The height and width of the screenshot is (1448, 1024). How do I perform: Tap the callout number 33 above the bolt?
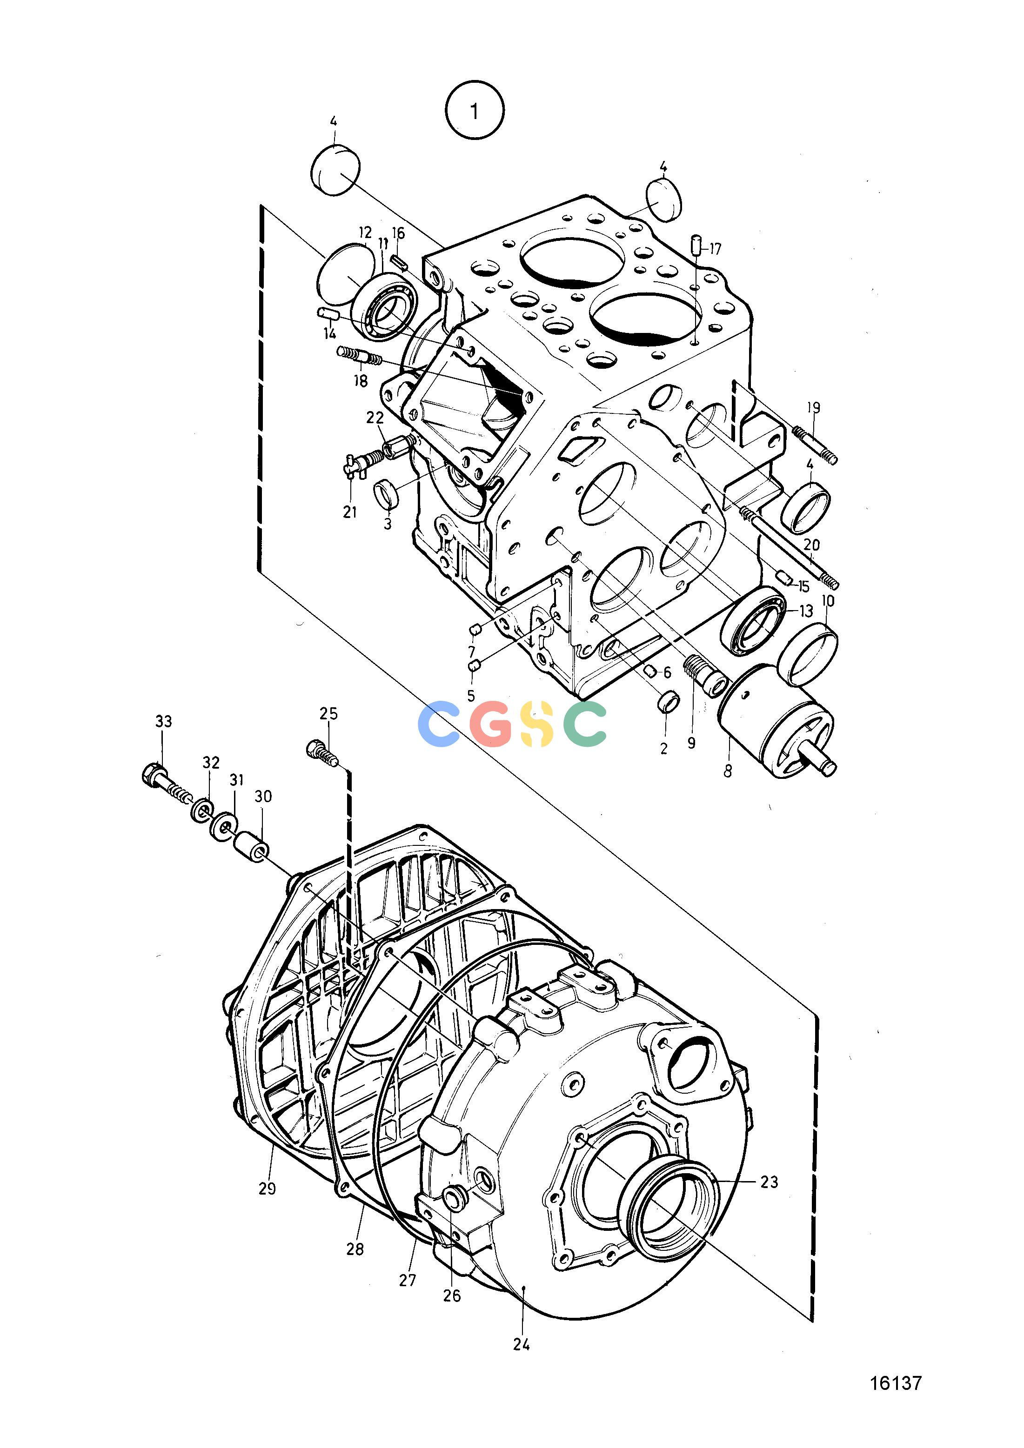click(x=163, y=721)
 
